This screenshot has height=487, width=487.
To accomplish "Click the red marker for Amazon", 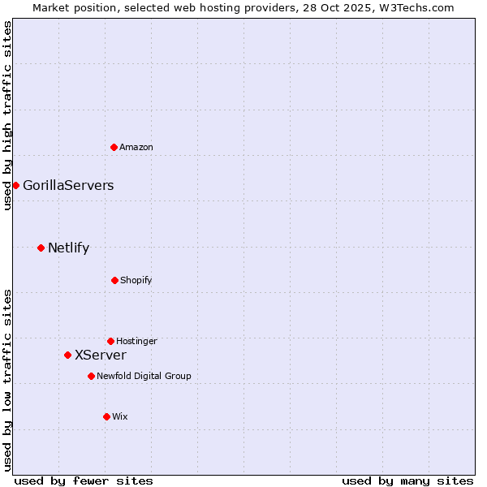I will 114,147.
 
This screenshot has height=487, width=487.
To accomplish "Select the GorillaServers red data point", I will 15,185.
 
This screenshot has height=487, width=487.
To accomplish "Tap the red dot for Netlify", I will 41,248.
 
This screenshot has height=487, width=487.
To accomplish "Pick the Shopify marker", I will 114,280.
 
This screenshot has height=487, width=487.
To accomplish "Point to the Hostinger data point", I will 110,341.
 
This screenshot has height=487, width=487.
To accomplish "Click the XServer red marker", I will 67,355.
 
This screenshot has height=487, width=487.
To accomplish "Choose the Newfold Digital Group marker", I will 91,376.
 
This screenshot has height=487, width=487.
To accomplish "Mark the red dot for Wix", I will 106,416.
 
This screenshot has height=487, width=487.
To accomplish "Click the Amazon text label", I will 136,147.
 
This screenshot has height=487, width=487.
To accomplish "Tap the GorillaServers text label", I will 68,185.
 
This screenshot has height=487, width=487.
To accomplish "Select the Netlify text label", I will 68,248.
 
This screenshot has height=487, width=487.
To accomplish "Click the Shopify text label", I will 136,280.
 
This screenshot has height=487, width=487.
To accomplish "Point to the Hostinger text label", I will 136,341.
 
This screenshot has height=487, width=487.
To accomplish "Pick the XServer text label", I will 101,355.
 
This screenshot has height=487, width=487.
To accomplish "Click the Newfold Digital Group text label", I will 144,376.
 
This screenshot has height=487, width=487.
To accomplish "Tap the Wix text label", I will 120,416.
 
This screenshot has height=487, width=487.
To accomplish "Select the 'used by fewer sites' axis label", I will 84,481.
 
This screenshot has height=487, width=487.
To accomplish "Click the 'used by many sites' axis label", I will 407,481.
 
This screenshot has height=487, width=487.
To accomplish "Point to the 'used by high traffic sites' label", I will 7,115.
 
